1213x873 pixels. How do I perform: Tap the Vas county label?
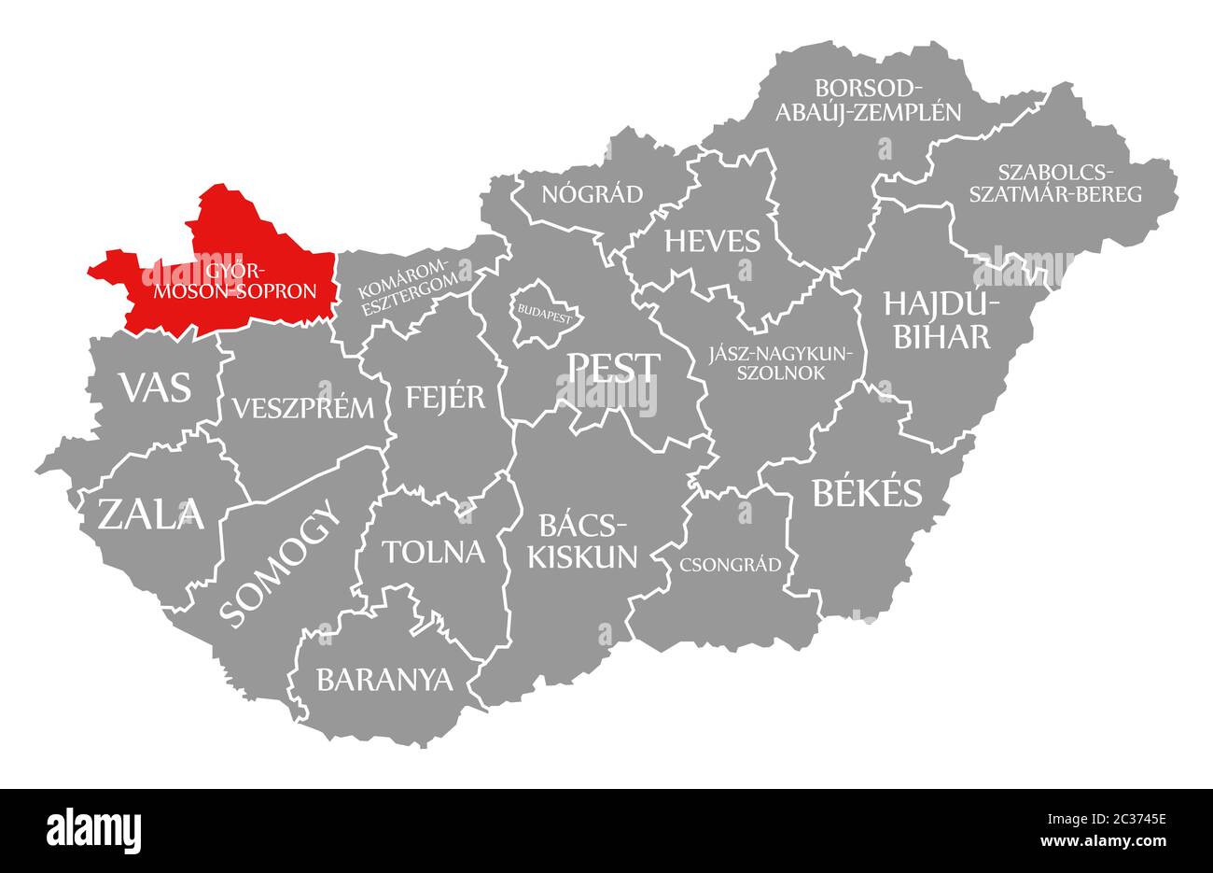click(155, 386)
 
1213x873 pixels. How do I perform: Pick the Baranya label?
click(383, 679)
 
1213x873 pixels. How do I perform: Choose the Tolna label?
click(433, 552)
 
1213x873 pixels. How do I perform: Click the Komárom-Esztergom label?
click(408, 283)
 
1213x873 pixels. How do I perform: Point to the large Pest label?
click(613, 368)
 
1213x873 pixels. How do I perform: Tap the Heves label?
click(712, 241)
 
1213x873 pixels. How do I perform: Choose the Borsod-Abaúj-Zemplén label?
click(886, 100)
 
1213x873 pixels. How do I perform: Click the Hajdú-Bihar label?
click(941, 319)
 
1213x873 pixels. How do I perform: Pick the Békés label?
click(866, 492)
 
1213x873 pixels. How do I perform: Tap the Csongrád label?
click(731, 564)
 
